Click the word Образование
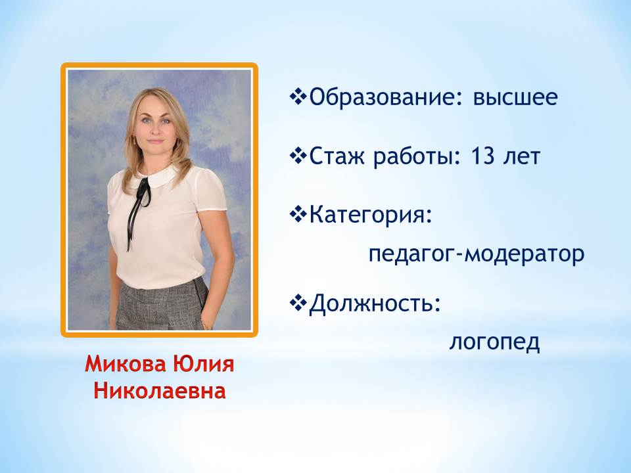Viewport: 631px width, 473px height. pos(383,97)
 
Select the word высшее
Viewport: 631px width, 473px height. pos(515,98)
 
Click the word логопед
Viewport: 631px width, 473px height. pos(494,342)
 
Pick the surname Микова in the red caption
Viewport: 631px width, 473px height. pos(126,364)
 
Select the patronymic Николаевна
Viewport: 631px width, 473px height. pos(159,391)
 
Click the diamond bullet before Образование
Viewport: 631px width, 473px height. pos(298,97)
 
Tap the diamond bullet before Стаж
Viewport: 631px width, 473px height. pos(298,156)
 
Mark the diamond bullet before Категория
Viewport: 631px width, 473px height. pos(298,215)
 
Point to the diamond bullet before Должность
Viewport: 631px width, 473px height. pos(298,304)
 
